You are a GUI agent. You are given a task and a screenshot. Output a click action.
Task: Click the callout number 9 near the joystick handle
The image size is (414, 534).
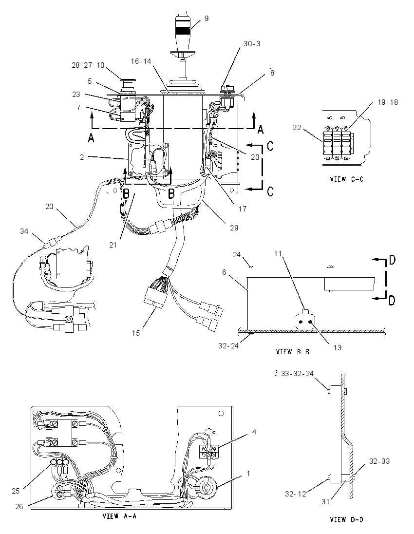click(207, 19)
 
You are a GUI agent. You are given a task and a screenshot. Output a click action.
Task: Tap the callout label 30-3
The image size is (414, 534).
click(252, 44)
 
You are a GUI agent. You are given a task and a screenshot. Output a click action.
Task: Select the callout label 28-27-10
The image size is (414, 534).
click(88, 65)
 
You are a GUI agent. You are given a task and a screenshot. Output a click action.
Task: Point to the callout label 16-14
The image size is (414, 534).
click(141, 61)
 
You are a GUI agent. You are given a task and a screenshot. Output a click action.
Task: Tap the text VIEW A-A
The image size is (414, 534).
click(119, 516)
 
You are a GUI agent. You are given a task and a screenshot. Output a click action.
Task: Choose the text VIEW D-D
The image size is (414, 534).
click(347, 519)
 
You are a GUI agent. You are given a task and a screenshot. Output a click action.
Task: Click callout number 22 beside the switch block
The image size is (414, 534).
click(297, 127)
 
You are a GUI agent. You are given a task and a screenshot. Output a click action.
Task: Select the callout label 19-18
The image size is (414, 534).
click(388, 102)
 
